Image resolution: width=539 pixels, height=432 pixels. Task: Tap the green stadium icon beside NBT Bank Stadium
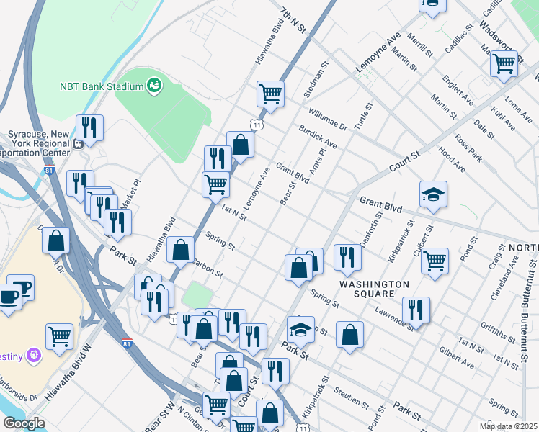point(153,86)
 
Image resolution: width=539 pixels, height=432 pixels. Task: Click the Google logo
point(24,423)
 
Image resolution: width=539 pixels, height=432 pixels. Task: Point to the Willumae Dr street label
point(328,120)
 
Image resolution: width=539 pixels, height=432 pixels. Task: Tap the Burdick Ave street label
point(318,136)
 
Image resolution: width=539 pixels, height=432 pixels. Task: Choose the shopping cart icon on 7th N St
point(270,92)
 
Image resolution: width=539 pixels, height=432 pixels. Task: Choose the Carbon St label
point(208,268)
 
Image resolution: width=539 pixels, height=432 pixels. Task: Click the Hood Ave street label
point(452,160)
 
